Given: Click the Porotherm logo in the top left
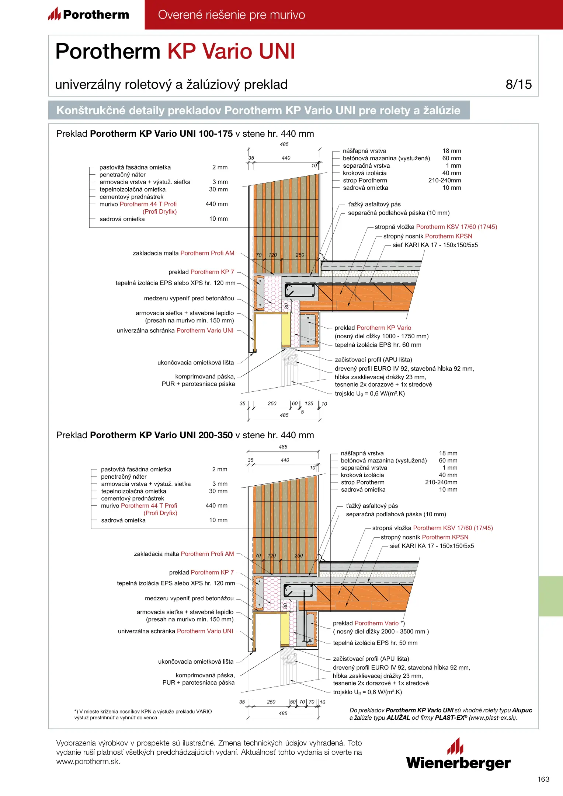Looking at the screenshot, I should pyautogui.click(x=88, y=14).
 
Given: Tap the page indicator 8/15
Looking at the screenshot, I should pyautogui.click(x=518, y=84).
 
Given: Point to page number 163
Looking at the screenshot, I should pyautogui.click(x=543, y=779).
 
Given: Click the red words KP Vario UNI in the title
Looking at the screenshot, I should pyautogui.click(x=231, y=51).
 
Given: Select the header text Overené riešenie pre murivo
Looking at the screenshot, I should pyautogui.click(x=232, y=15).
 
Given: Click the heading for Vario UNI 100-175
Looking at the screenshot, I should pyautogui.click(x=185, y=134).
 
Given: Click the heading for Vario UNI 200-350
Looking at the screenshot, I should pyautogui.click(x=185, y=435).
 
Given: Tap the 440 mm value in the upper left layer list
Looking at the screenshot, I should pyautogui.click(x=216, y=204).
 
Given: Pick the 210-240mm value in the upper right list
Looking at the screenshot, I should pyautogui.click(x=444, y=181).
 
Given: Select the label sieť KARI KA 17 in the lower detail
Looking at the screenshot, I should pyautogui.click(x=432, y=546).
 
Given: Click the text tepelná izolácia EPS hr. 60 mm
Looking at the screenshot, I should pyautogui.click(x=378, y=345).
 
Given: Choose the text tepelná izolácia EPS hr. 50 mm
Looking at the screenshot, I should pyautogui.click(x=375, y=643).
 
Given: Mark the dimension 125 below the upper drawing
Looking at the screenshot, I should pyautogui.click(x=309, y=404).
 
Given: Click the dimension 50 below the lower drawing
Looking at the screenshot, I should pyautogui.click(x=293, y=702).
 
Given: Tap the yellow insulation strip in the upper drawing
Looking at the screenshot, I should pyautogui.click(x=286, y=330).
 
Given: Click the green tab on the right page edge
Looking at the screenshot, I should pyautogui.click(x=550, y=596).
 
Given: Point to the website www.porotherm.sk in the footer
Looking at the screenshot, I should pyautogui.click(x=88, y=762).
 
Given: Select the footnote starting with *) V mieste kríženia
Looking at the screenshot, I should pyautogui.click(x=143, y=715).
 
